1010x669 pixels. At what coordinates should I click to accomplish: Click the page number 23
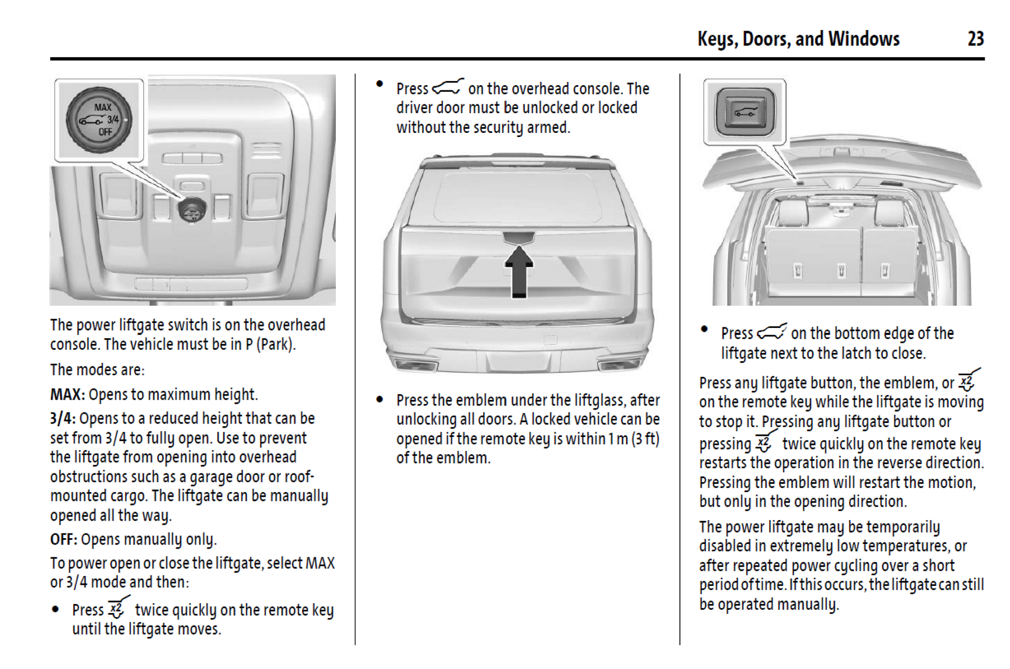[975, 39]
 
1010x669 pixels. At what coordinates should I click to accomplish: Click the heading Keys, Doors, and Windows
[798, 39]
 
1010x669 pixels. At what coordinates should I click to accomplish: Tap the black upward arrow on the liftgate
[518, 271]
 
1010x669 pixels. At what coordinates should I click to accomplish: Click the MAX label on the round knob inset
[103, 107]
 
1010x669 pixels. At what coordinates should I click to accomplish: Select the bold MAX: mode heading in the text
[67, 394]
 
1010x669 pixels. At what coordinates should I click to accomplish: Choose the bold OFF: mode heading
[63, 539]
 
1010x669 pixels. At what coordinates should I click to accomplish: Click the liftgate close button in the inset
[745, 111]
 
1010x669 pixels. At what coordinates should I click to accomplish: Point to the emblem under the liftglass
[518, 238]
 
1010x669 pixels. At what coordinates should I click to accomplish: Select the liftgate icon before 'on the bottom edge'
[771, 332]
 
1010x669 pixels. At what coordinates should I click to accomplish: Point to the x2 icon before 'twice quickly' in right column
[763, 443]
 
